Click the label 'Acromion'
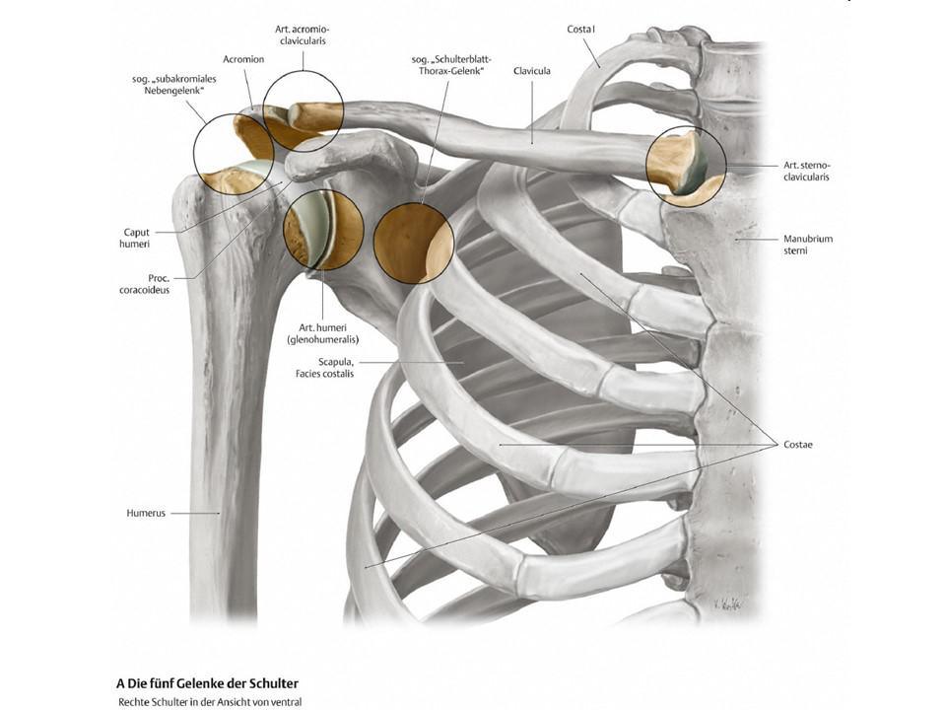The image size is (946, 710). (x=243, y=59)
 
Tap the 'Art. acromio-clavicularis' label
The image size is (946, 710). (x=303, y=36)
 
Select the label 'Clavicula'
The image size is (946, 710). (x=531, y=71)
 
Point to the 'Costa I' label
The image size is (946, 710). (x=581, y=30)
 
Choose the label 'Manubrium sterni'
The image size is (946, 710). (x=807, y=245)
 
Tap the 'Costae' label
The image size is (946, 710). (x=793, y=445)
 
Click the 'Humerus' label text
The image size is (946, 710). (x=146, y=513)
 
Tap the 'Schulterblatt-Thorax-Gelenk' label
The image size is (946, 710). (x=446, y=65)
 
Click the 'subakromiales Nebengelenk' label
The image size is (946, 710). (x=173, y=84)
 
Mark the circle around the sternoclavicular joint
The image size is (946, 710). (x=686, y=166)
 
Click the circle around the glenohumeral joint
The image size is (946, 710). (x=322, y=231)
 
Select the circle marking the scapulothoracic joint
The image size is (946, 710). (x=414, y=244)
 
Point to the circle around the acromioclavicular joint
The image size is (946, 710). (x=304, y=110)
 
